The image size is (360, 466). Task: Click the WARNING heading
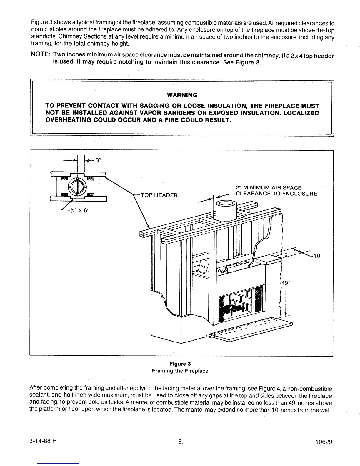point(182,95)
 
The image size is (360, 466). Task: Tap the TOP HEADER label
point(159,195)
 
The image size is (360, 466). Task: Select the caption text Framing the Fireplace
point(180,371)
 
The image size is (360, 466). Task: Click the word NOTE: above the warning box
point(41,56)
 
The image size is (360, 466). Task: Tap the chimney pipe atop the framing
point(224,210)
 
